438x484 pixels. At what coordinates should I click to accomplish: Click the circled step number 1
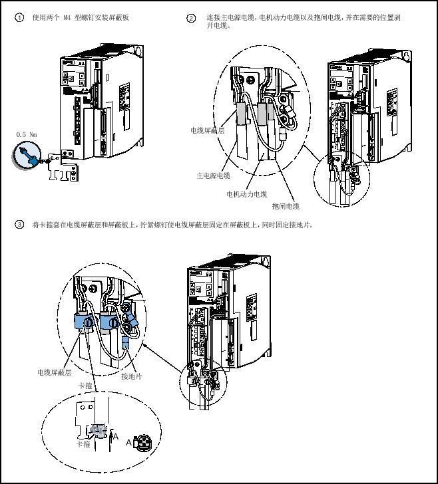point(19,18)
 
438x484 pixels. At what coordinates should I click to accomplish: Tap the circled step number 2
point(191,18)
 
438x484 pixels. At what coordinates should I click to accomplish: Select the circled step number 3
point(19,225)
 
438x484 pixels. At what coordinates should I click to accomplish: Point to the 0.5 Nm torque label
point(25,134)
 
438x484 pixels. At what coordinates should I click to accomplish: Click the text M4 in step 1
point(67,18)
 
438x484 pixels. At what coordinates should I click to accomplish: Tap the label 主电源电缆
point(213,176)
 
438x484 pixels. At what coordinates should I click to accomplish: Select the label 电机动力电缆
point(246,194)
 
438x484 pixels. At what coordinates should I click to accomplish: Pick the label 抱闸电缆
point(286,206)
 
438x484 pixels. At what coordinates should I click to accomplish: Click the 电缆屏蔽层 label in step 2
point(207,131)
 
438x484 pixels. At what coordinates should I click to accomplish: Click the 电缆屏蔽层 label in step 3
point(54,373)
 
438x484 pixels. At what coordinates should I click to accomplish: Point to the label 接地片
point(131,376)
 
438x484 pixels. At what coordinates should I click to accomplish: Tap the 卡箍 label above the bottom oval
point(85,386)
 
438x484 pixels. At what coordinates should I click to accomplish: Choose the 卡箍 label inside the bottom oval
point(83,443)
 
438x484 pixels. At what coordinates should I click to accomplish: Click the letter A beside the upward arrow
point(116,437)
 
